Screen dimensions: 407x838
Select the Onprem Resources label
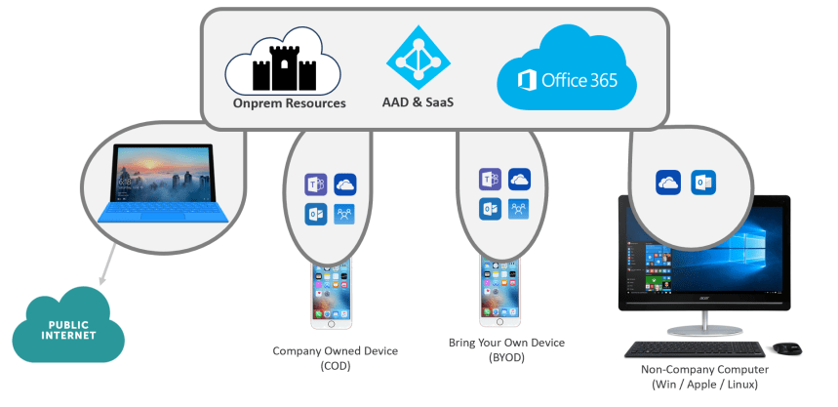coord(290,102)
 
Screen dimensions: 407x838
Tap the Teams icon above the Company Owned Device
coord(315,184)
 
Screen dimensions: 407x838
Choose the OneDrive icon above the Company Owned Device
coord(344,184)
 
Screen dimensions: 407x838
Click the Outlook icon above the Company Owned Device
coord(315,214)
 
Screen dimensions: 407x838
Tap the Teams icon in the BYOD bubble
coord(490,180)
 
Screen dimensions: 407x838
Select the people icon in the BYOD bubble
coord(519,208)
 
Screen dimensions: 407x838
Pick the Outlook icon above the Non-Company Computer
coord(702,183)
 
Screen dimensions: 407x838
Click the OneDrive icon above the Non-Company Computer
coord(668,183)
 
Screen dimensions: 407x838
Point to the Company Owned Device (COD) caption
coord(321,357)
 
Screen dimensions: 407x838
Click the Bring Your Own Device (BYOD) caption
coord(506,350)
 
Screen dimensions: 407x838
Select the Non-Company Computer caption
coord(705,377)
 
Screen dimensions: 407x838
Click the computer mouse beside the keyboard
coord(786,347)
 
